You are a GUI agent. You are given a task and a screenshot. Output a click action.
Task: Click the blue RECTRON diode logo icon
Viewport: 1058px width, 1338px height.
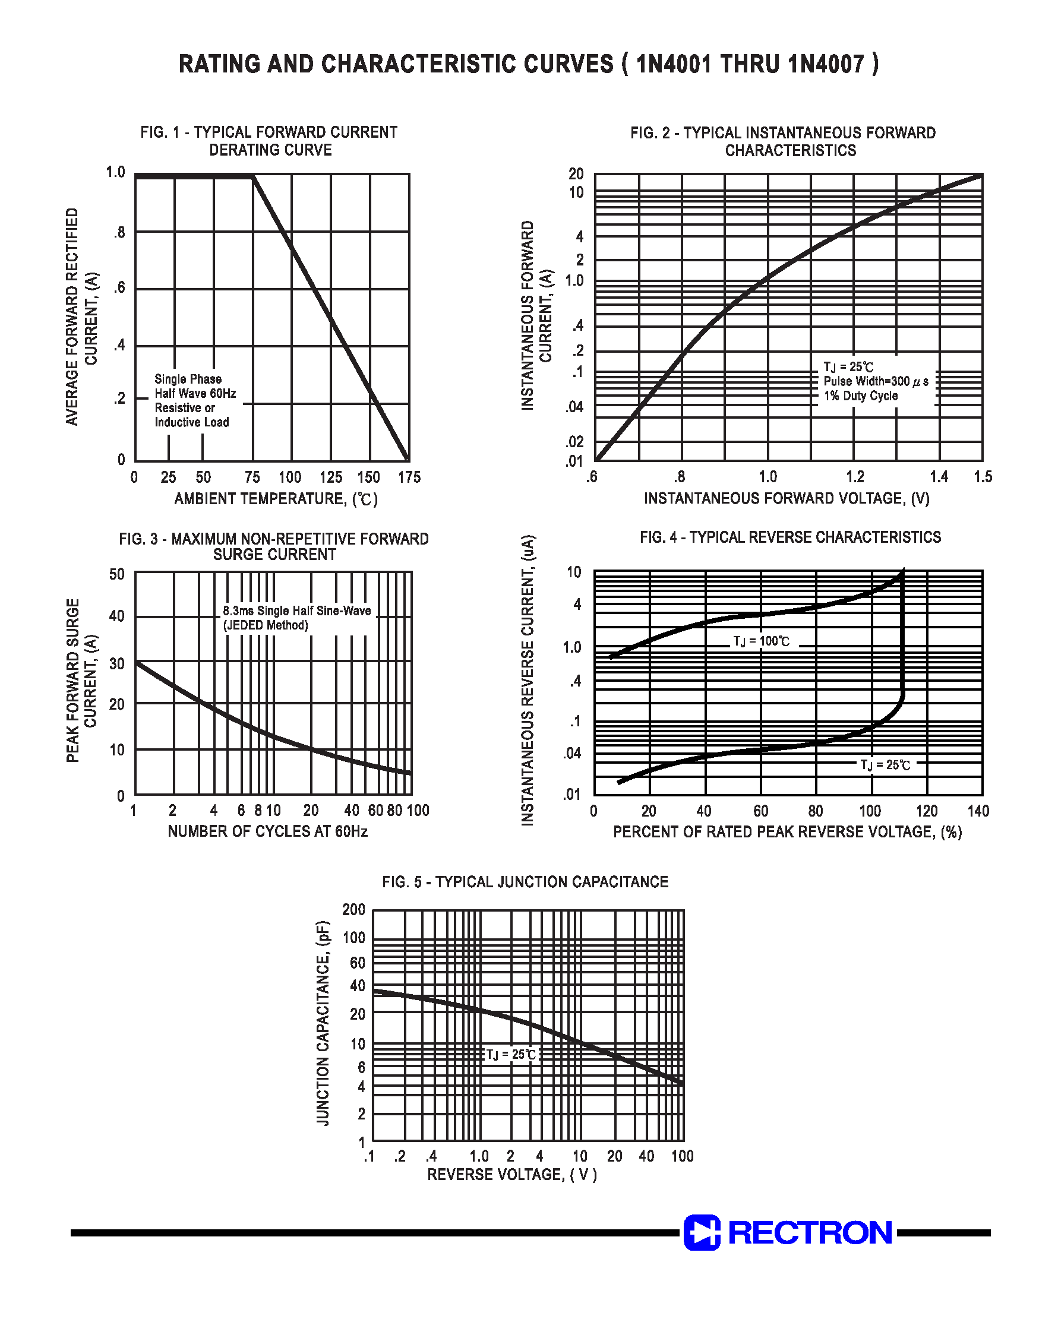click(x=701, y=1232)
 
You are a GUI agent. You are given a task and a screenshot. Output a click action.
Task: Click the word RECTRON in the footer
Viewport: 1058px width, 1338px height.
click(x=810, y=1232)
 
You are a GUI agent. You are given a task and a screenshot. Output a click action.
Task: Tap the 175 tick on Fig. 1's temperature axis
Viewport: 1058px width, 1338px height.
click(x=409, y=477)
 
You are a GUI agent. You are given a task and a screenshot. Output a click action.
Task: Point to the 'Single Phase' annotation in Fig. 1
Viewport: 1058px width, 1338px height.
click(x=188, y=379)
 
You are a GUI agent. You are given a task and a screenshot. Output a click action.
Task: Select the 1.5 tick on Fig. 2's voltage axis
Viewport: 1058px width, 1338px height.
click(x=983, y=477)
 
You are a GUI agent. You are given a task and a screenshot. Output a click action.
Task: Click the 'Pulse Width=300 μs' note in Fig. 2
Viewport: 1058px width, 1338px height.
click(x=875, y=381)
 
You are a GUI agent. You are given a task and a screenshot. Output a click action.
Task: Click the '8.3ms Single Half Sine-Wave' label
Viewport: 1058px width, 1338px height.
click(x=296, y=611)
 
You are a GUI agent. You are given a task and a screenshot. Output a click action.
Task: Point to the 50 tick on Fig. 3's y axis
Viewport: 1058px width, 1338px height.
click(x=117, y=574)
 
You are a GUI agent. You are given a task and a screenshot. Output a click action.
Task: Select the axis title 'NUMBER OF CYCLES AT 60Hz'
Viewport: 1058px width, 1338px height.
click(x=267, y=831)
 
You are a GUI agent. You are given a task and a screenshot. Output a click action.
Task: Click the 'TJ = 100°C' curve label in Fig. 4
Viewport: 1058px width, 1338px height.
click(x=762, y=641)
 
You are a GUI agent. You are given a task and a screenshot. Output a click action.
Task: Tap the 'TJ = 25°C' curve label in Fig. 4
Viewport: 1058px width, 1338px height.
click(x=885, y=765)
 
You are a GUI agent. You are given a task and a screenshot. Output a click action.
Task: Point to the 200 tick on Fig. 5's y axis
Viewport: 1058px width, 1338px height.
click(x=353, y=910)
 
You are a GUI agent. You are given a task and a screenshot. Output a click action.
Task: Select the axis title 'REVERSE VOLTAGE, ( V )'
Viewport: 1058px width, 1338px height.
click(x=511, y=1175)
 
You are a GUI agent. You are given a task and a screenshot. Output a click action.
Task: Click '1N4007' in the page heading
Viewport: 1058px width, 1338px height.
click(x=826, y=64)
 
